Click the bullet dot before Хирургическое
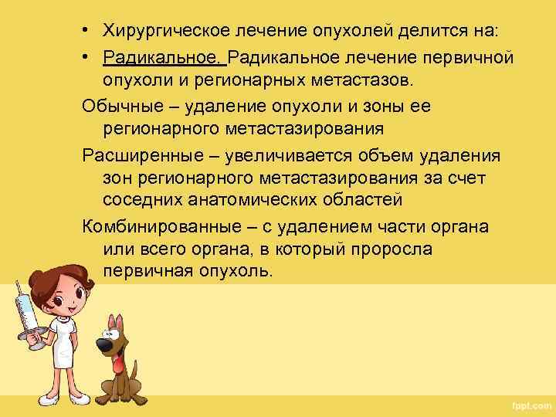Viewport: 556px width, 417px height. [90, 31]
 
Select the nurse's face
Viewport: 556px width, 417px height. [66, 290]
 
